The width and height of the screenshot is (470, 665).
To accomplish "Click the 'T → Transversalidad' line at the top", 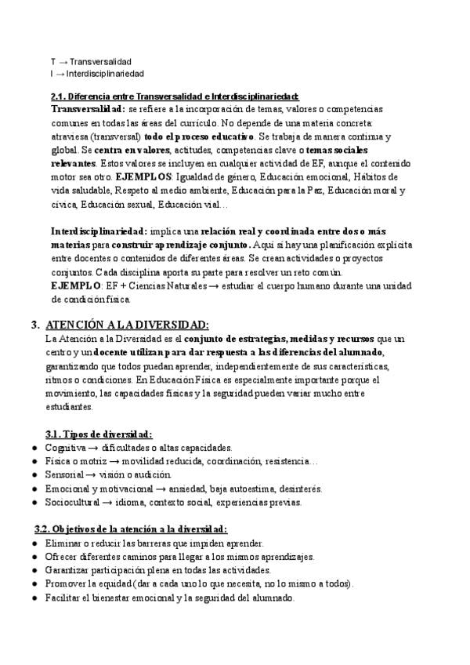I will [91, 61].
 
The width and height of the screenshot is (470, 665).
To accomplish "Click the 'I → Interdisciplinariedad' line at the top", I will [97, 74].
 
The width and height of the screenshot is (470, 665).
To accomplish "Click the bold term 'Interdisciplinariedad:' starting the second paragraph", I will [98, 232].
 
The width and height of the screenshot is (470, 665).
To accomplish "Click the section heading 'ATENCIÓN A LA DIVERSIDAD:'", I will [127, 325].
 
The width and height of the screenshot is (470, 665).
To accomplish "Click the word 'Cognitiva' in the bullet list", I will [66, 447].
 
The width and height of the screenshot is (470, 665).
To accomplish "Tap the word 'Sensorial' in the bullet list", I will [65, 475].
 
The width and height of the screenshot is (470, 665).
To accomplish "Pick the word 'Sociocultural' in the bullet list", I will [73, 503].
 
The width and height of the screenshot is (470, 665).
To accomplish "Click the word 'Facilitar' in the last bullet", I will [64, 598].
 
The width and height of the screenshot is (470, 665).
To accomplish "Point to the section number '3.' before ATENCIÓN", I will [35, 325].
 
